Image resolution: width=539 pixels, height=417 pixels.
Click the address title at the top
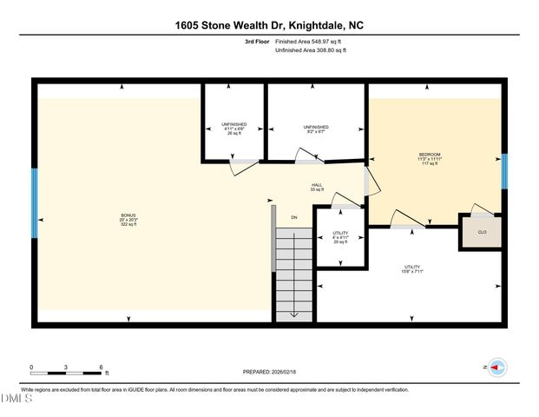click(x=269, y=25)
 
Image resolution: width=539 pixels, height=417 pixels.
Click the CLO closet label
click(x=482, y=233)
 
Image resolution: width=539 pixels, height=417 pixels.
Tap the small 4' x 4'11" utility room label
click(x=339, y=237)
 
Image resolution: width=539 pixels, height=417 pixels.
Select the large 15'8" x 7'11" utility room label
click(x=411, y=268)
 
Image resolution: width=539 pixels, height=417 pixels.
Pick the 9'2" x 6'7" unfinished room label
click(x=316, y=129)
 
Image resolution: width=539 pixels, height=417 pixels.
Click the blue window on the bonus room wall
click(x=35, y=203)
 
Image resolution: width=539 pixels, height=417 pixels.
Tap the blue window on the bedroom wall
click(x=504, y=171)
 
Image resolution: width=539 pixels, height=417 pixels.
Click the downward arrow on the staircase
click(x=293, y=314)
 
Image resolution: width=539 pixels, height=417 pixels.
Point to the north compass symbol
click(x=497, y=368)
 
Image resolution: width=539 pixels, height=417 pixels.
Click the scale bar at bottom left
click(x=67, y=372)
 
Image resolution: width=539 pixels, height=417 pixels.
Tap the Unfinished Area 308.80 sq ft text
click(x=311, y=50)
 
